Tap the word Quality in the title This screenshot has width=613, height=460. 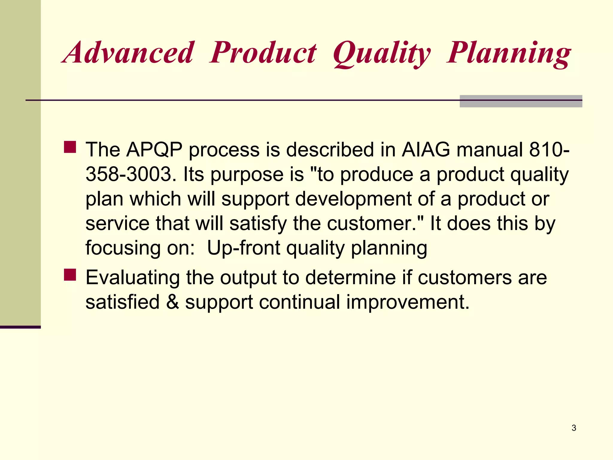(x=382, y=54)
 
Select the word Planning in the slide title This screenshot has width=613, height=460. (x=509, y=54)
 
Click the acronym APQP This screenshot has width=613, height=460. (x=154, y=149)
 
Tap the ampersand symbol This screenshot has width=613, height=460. (x=172, y=302)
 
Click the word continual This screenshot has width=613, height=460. (x=299, y=302)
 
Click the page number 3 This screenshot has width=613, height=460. (x=574, y=428)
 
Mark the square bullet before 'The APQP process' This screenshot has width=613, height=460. (x=70, y=147)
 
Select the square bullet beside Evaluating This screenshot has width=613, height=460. (x=70, y=275)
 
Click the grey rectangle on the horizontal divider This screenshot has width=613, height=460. (x=521, y=101)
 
